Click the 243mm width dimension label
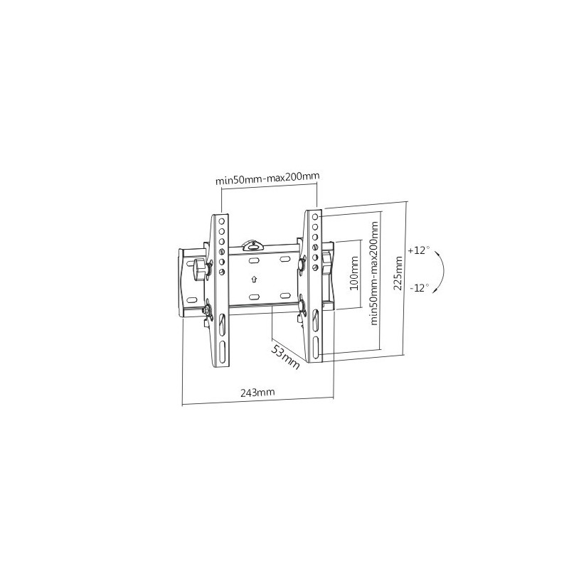(257, 392)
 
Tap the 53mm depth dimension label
(286, 357)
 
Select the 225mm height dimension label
(398, 273)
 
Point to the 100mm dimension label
(353, 273)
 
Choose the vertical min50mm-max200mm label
(374, 273)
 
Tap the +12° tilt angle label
(419, 250)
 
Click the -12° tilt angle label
(420, 288)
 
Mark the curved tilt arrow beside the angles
(443, 270)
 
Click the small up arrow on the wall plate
(254, 279)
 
